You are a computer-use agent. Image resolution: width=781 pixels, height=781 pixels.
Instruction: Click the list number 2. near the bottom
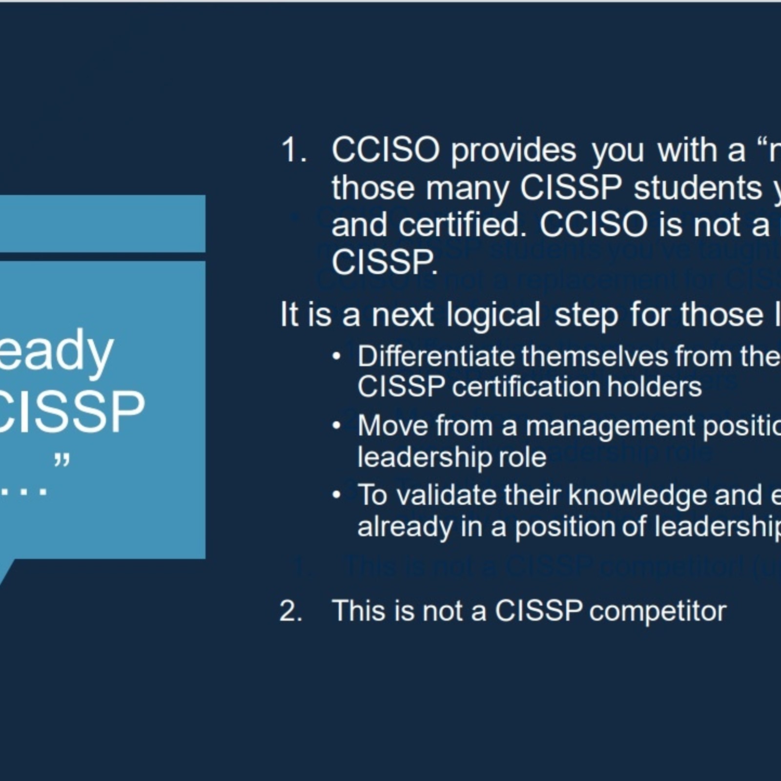tap(291, 611)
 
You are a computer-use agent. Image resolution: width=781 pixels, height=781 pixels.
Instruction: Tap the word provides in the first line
tap(513, 151)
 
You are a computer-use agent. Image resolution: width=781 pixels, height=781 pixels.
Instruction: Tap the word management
tap(610, 426)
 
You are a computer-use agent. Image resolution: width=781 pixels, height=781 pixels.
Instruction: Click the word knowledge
tap(637, 495)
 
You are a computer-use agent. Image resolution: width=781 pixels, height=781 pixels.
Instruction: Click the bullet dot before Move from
tap(336, 426)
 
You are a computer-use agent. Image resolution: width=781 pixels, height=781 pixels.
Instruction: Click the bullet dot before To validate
tap(336, 495)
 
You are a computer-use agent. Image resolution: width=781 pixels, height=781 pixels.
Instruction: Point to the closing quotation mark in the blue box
tap(62, 460)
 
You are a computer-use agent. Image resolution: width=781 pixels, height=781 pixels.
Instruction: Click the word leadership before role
tap(424, 457)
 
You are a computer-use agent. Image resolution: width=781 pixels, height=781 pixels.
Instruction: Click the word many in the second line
tap(467, 188)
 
